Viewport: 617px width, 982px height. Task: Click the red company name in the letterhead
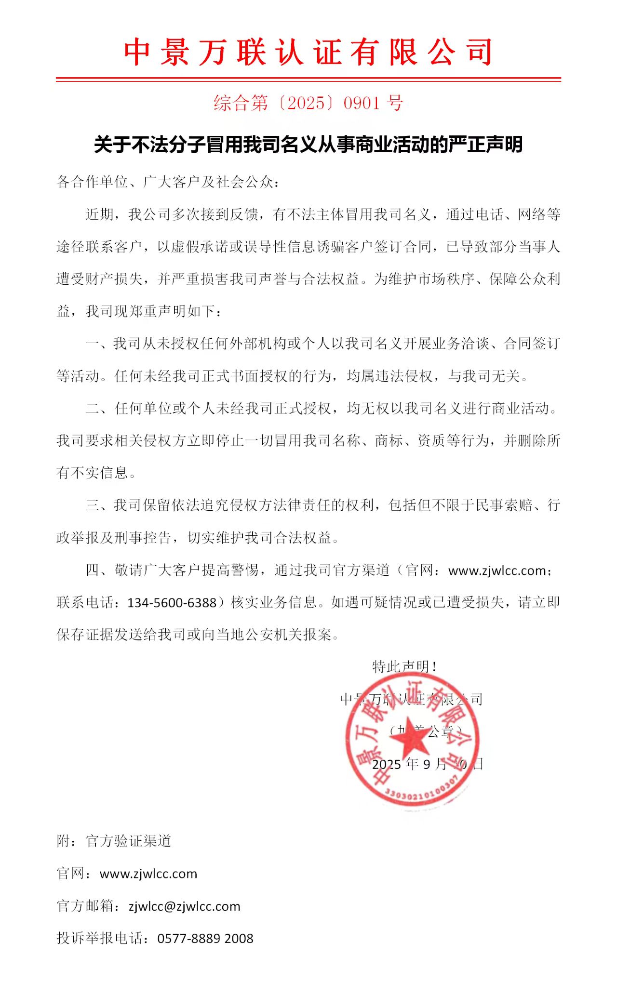pyautogui.click(x=308, y=52)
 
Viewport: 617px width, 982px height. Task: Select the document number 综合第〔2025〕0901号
pyautogui.click(x=308, y=103)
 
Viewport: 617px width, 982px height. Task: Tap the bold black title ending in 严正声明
pyautogui.click(x=308, y=145)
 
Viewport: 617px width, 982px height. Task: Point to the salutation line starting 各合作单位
pyautogui.click(x=168, y=182)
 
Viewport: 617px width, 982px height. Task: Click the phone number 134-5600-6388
pyautogui.click(x=172, y=603)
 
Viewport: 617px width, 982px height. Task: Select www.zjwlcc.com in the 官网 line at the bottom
pyautogui.click(x=148, y=874)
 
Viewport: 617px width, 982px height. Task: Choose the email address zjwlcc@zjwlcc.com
pyautogui.click(x=184, y=906)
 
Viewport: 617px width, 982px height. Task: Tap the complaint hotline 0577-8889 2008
pyautogui.click(x=205, y=939)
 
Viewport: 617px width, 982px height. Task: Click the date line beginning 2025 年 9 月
pyautogui.click(x=427, y=764)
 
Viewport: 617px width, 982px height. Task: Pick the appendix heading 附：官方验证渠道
pyautogui.click(x=114, y=841)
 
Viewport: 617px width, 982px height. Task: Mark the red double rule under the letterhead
pyautogui.click(x=308, y=79)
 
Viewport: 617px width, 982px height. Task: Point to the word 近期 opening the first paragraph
pyautogui.click(x=100, y=215)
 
